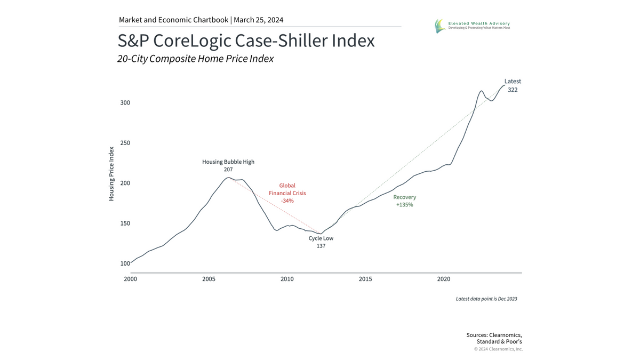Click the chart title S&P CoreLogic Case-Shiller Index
point(246,41)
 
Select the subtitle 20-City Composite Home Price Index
point(195,59)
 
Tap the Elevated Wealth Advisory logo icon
point(439,26)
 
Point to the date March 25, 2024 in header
point(259,20)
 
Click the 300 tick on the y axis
point(124,102)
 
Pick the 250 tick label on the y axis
point(124,143)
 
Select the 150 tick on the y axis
point(124,223)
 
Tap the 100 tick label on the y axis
point(124,263)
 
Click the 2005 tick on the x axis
point(209,279)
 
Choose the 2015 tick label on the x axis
point(365,279)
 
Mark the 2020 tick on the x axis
point(444,279)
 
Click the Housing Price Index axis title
point(111,173)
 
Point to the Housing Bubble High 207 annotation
point(228,165)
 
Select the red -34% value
point(287,201)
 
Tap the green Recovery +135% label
point(404,201)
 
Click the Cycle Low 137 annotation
point(321,242)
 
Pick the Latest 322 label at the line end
point(513,85)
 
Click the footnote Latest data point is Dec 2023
point(486,299)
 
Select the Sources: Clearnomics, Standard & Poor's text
point(494,338)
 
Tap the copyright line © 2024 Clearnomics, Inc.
point(498,349)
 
